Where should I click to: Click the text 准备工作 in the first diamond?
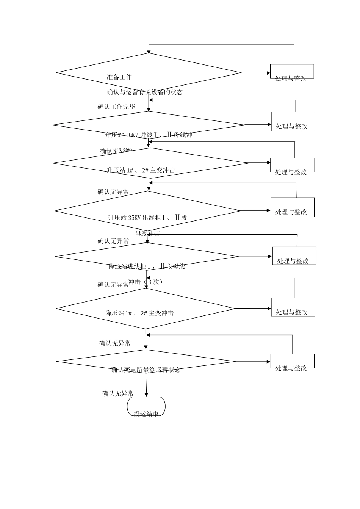(119, 77)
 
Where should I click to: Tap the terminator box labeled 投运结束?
(146, 407)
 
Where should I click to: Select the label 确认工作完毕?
(116, 107)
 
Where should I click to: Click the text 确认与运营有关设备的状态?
(145, 92)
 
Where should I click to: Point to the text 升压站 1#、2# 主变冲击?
(141, 170)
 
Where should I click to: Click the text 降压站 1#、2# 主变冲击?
(139, 313)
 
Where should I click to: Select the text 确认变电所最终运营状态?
(146, 370)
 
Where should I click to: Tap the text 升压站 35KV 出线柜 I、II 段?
(148, 218)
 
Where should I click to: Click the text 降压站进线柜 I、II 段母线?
(147, 266)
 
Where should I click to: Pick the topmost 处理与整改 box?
(292, 72)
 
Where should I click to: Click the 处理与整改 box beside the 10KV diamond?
(293, 122)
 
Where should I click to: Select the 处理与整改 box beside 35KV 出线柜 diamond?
(293, 208)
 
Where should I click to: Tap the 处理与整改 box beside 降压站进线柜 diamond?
(294, 256)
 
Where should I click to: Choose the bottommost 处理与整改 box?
(292, 361)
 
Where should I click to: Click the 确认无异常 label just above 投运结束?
(118, 393)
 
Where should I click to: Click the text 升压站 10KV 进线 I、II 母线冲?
(149, 135)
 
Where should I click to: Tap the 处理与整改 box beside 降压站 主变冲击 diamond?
(293, 307)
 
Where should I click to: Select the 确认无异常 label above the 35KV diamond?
(113, 192)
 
